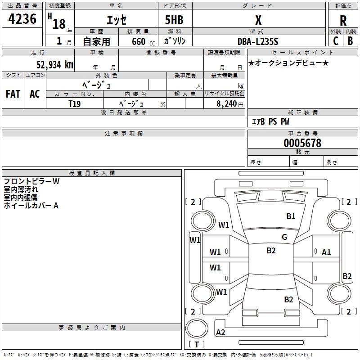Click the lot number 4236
pos(22,19)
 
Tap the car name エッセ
pos(117,20)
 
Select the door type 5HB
pos(174,20)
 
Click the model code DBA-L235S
pos(258,41)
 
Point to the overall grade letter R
pos(343,21)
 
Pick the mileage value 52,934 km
pos(55,65)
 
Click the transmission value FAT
pos(13,94)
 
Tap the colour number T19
pos(75,104)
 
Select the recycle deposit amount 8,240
pos(227,104)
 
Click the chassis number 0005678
pos(302,143)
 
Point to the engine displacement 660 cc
pos(143,42)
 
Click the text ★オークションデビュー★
pos(288,63)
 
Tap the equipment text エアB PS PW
pos(270,121)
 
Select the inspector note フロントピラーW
pos(31,181)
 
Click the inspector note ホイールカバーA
pos(31,206)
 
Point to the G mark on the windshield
pos(284,237)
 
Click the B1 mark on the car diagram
pos(291,216)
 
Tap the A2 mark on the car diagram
pos(220,333)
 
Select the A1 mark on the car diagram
pos(326,252)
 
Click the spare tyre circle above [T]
pos(197,329)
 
